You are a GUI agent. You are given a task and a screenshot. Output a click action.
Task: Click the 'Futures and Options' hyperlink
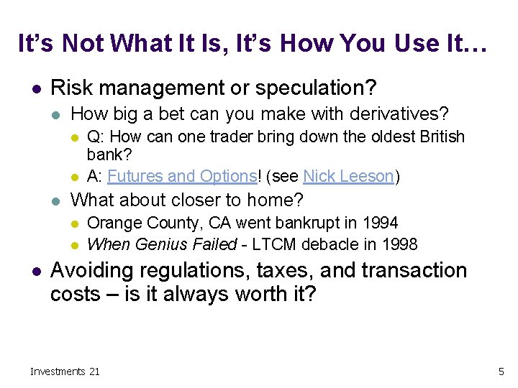click(182, 177)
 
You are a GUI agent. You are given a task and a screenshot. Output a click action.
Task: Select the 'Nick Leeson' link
click(349, 177)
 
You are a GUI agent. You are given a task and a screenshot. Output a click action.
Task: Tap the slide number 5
click(501, 371)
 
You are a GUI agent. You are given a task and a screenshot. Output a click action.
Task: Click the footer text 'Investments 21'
click(65, 371)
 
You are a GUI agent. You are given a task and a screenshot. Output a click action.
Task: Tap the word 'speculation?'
click(318, 88)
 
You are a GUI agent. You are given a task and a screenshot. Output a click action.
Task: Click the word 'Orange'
click(112, 223)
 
